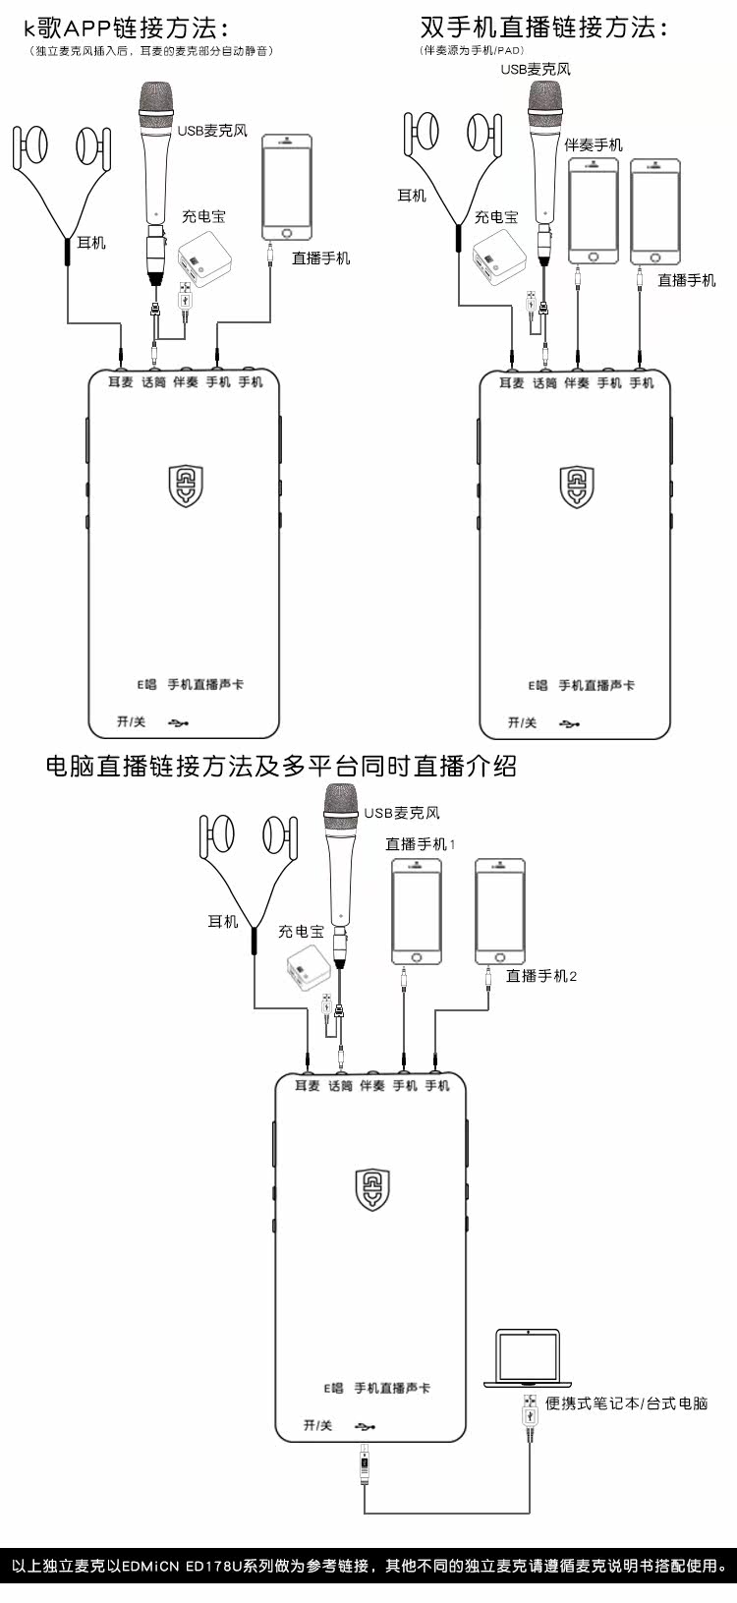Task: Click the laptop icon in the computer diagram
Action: [528, 1357]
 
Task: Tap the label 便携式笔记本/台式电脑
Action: [626, 1403]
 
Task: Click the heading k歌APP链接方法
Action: [128, 27]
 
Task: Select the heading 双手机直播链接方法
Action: [543, 27]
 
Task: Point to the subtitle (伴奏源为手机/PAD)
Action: [472, 50]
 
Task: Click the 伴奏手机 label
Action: [594, 144]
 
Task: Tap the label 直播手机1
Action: [420, 843]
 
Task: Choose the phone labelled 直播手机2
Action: [500, 912]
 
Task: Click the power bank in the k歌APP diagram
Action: [204, 259]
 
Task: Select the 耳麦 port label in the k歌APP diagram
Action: [121, 382]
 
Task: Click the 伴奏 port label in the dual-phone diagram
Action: [577, 383]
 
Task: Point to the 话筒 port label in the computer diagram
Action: [340, 1086]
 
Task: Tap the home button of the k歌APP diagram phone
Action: [287, 233]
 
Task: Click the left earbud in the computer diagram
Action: [217, 834]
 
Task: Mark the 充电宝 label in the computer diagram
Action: [301, 931]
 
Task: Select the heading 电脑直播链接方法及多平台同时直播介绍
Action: [281, 767]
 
